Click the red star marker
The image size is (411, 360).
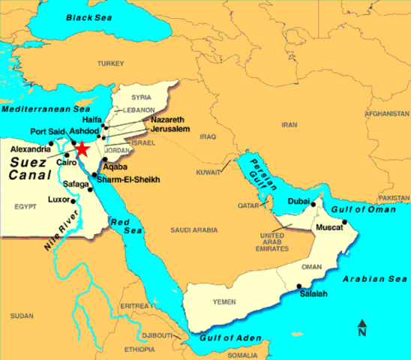click(82, 149)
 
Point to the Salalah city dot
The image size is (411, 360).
click(300, 286)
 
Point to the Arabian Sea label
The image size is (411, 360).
click(370, 278)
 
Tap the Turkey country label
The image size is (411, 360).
click(119, 64)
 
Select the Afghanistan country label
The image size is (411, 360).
click(384, 114)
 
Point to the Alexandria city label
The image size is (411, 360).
click(29, 149)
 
